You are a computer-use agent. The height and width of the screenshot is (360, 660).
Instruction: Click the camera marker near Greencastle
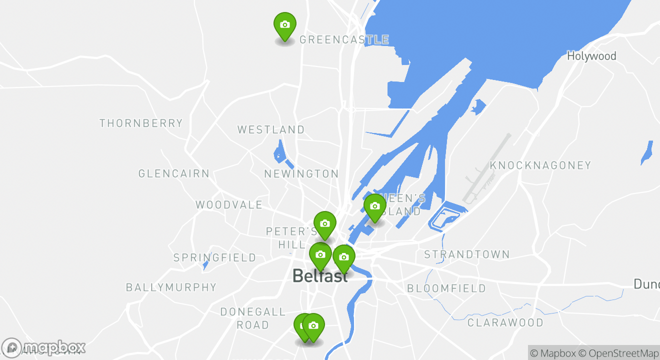[285, 25]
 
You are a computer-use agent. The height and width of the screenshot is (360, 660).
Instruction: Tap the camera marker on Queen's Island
[375, 206]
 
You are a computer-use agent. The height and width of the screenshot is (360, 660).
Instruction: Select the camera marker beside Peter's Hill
[324, 224]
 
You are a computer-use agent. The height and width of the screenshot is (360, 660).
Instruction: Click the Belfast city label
[320, 276]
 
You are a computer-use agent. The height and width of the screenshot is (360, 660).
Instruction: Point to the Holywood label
[591, 56]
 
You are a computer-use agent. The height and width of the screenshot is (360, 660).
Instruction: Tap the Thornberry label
[141, 123]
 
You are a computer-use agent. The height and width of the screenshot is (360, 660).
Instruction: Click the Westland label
[271, 130]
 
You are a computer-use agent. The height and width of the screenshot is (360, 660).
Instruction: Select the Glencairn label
[174, 174]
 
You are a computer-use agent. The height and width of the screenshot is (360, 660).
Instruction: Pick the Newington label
[301, 174]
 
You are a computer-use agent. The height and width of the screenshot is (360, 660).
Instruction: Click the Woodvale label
[229, 205]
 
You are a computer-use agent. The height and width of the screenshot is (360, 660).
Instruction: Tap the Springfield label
[214, 258]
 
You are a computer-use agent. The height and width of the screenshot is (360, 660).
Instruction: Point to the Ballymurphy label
[171, 287]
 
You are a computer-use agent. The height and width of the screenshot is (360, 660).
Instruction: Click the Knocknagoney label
[540, 165]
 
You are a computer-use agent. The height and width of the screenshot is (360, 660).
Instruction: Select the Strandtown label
[467, 254]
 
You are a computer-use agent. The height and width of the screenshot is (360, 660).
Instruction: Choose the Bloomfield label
[446, 288]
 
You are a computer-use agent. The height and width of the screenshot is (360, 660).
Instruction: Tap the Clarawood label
[505, 322]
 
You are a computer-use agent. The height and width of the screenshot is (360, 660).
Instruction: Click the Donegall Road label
[252, 318]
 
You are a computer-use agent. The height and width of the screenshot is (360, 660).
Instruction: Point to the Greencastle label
[344, 40]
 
